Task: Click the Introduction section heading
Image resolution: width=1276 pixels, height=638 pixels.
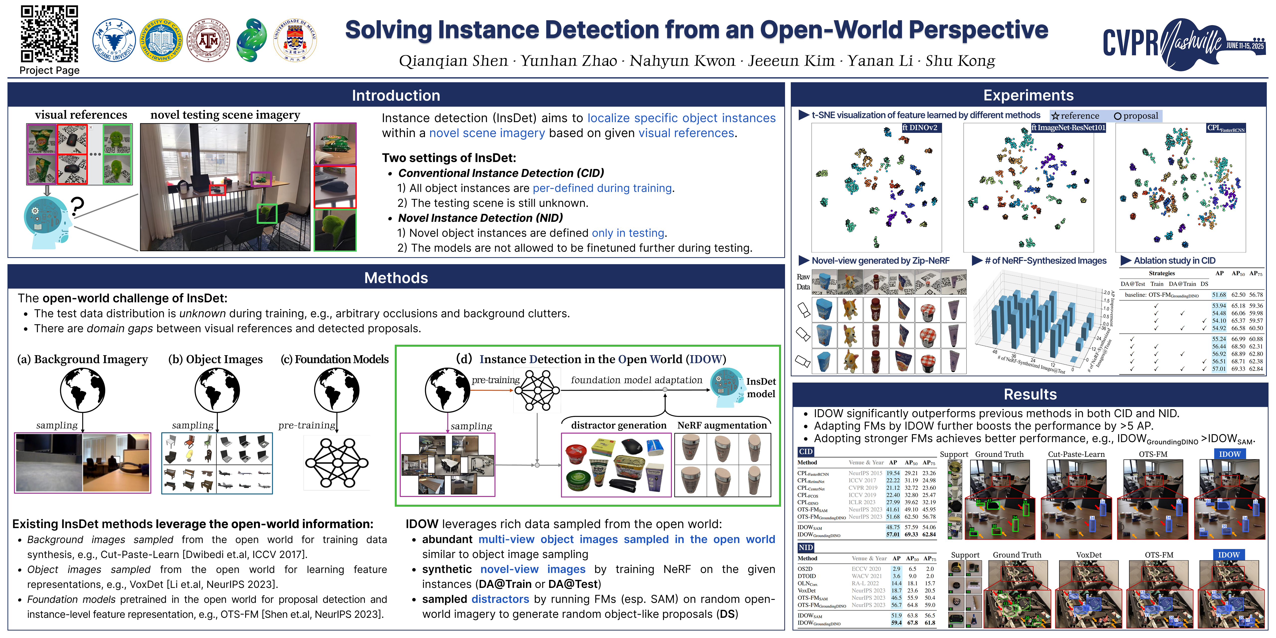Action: (x=396, y=95)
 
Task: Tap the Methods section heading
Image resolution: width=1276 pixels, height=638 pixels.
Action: (x=396, y=278)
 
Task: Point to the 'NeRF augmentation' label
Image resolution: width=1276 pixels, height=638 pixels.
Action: (x=722, y=425)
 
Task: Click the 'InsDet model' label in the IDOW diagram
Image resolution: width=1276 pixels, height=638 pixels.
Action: (x=761, y=387)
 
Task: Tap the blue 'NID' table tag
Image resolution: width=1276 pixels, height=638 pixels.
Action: (x=805, y=547)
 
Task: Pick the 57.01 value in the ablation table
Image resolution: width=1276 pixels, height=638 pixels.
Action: (x=1218, y=369)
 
